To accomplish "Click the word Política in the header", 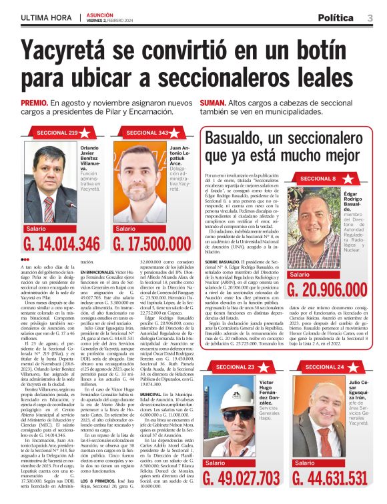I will [340, 17].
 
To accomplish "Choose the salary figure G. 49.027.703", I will [241, 477].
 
